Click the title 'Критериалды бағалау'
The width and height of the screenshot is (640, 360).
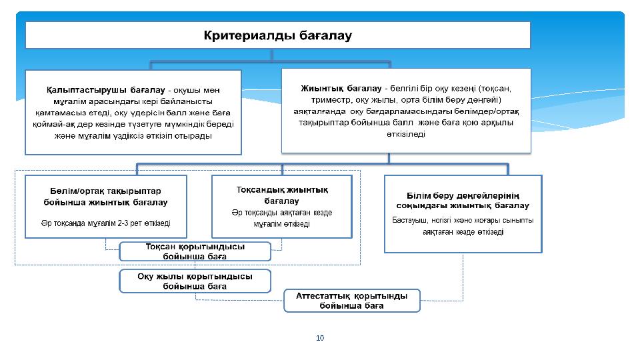click(x=277, y=35)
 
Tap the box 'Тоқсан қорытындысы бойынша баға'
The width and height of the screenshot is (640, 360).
click(x=195, y=251)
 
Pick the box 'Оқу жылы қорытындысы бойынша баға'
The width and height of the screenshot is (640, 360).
click(x=195, y=281)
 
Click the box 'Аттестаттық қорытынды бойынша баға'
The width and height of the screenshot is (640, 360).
click(x=352, y=301)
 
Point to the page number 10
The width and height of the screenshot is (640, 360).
click(x=320, y=338)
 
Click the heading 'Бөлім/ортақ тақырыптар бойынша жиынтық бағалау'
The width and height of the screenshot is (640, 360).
click(x=105, y=196)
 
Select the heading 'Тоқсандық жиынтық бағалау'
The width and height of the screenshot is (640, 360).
click(x=282, y=195)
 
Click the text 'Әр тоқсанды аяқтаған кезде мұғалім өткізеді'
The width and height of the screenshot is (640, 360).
click(x=282, y=218)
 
